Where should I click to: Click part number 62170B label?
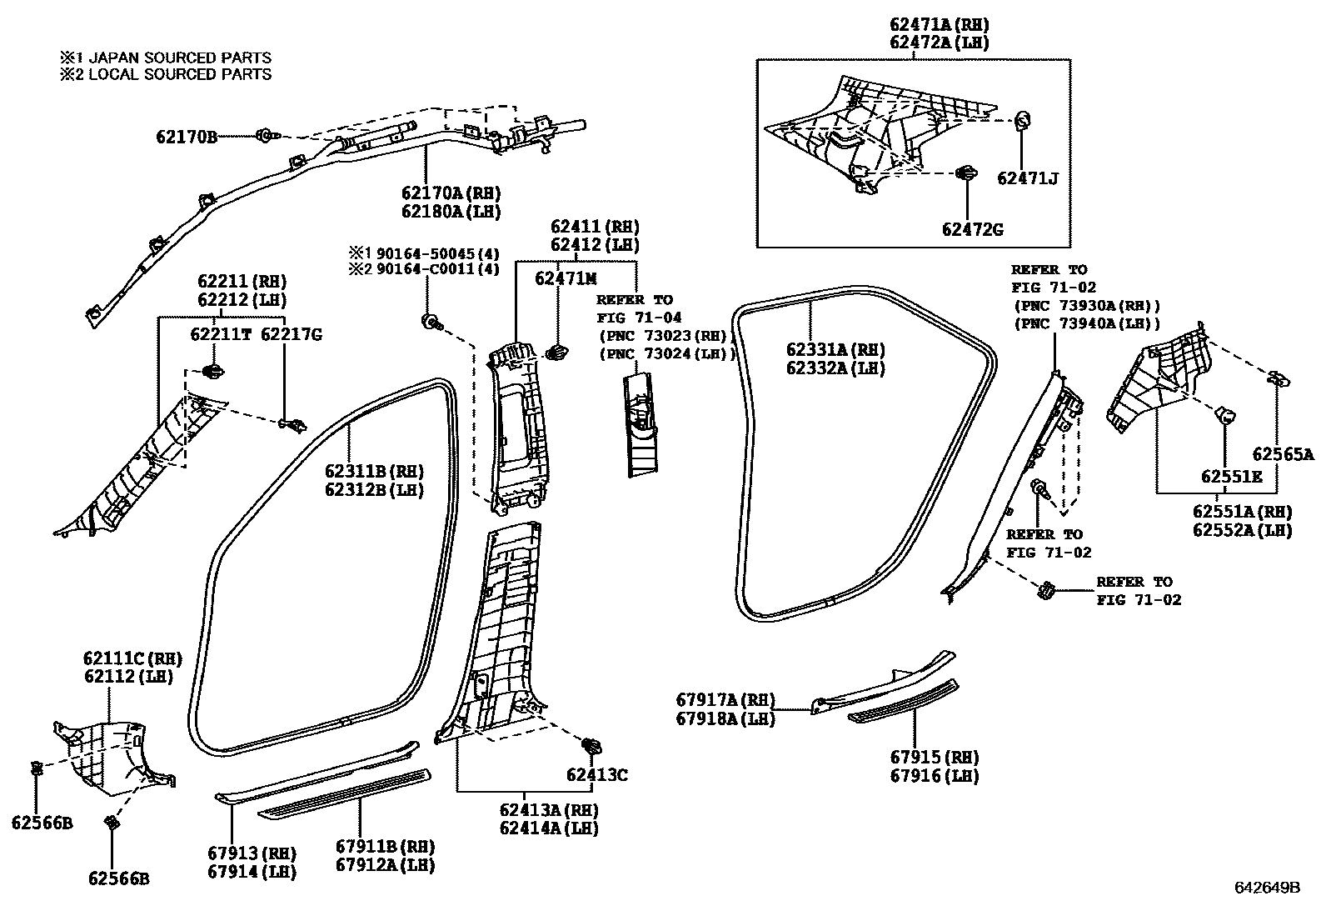[x=186, y=137]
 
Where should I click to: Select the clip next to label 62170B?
[x=266, y=135]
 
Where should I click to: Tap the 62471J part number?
[x=1027, y=178]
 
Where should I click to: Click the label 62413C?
[x=597, y=775]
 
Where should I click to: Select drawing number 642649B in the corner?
[x=1267, y=888]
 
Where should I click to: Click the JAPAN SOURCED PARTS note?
[x=166, y=58]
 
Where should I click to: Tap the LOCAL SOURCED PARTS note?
[x=166, y=74]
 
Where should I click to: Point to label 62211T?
[x=220, y=334]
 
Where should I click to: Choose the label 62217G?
[x=291, y=334]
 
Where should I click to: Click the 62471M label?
[x=566, y=279]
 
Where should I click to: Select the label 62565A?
[x=1283, y=454]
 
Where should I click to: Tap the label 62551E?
[x=1231, y=476]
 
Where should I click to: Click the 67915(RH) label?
[x=934, y=758]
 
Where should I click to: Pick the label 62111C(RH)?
[x=132, y=658]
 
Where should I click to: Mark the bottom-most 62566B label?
[x=119, y=878]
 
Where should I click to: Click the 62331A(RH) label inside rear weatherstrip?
[x=835, y=349]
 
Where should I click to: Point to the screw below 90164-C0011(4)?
[x=432, y=322]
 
